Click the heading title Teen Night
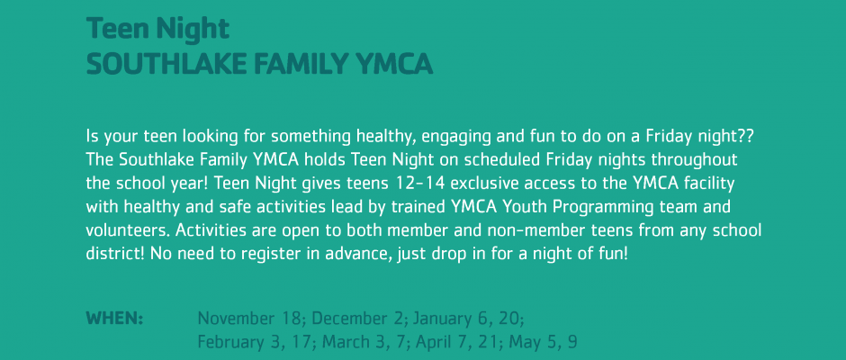click(157, 29)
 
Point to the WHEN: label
click(114, 319)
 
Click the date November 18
click(248, 319)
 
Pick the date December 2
click(357, 319)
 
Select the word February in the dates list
click(227, 343)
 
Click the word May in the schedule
click(523, 343)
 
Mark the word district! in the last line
click(115, 254)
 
